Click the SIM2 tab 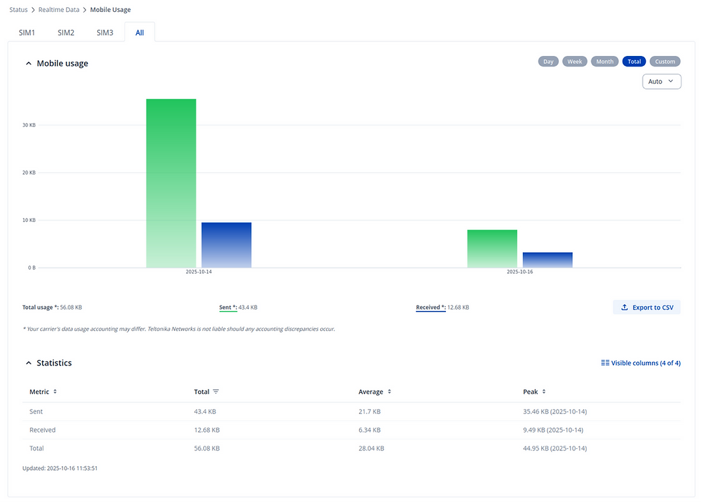(x=66, y=32)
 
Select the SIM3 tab (x=105, y=32)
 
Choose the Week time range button (x=575, y=61)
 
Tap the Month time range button (x=605, y=61)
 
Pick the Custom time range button (x=665, y=61)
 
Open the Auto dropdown (x=662, y=82)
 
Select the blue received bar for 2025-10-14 (x=226, y=245)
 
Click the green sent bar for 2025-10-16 (x=492, y=249)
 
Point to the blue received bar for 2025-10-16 (x=547, y=260)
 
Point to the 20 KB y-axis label (x=29, y=172)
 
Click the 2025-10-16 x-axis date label (x=520, y=272)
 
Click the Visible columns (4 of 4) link (x=641, y=363)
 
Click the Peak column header (x=531, y=392)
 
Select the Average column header (x=371, y=392)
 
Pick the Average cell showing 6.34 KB (x=370, y=430)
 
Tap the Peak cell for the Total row (x=554, y=448)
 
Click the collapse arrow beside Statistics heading (x=28, y=363)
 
